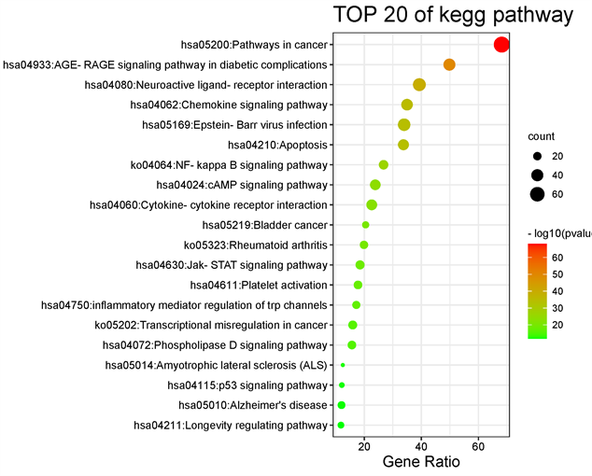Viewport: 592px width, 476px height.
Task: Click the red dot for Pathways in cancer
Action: [501, 45]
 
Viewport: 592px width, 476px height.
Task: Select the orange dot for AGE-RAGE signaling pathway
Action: [449, 65]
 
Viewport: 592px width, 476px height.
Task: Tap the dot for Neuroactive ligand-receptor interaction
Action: [419, 85]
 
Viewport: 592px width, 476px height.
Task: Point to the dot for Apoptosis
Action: [403, 145]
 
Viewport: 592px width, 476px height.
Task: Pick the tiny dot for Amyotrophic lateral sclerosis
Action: [343, 365]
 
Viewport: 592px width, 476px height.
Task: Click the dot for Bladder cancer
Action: [365, 225]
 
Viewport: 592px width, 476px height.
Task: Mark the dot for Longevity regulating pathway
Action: [341, 426]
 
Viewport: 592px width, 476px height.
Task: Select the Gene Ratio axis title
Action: [419, 462]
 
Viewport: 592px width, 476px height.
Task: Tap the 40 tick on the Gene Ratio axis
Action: [421, 444]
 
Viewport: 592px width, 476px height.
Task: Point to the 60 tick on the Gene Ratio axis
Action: [479, 444]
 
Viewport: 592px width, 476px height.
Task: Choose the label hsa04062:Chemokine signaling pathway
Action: [228, 105]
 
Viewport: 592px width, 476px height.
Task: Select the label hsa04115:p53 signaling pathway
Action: [247, 385]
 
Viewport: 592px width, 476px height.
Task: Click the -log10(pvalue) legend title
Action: [558, 231]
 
